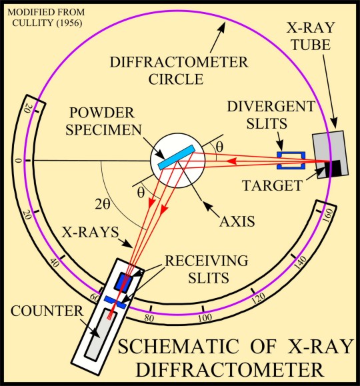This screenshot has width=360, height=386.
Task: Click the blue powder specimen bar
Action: click(177, 157)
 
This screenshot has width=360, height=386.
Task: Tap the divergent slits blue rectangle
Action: click(291, 157)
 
